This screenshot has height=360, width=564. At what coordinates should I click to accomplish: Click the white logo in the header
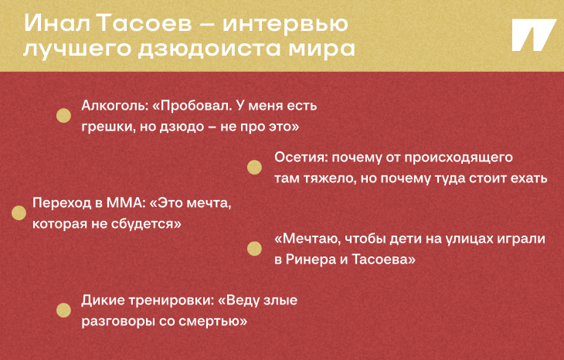[x=533, y=36]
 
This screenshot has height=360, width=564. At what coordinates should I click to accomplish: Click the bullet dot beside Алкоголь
[x=64, y=115]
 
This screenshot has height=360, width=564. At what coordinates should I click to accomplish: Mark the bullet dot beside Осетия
[x=253, y=168]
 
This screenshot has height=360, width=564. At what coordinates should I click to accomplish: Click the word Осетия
[x=297, y=158]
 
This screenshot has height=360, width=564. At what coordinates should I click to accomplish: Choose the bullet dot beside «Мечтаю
[x=253, y=248]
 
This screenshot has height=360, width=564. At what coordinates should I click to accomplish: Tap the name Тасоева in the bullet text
[x=387, y=260]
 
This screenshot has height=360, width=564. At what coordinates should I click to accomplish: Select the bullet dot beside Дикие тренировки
[x=64, y=311]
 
